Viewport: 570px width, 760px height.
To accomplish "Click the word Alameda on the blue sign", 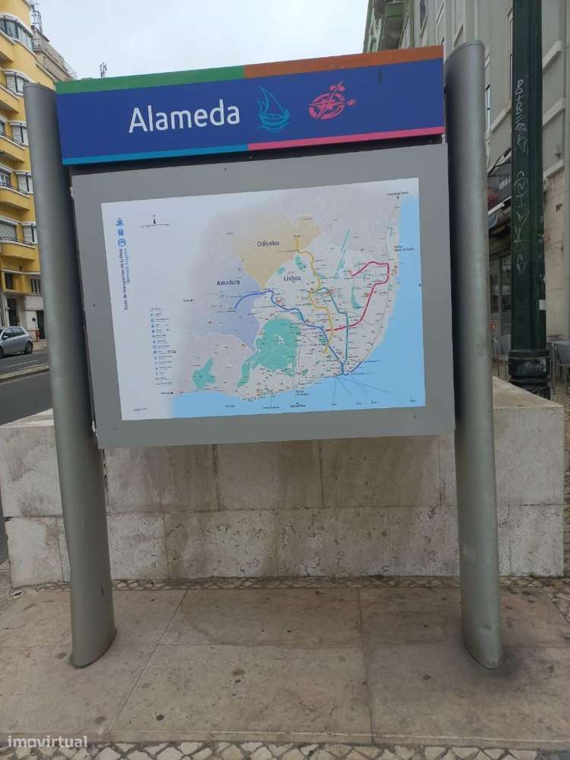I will pyautogui.click(x=184, y=117).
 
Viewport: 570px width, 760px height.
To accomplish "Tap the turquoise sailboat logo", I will pyautogui.click(x=273, y=111).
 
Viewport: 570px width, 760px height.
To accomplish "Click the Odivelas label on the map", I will pyautogui.click(x=268, y=243).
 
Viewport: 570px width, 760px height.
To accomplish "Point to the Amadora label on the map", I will pyautogui.click(x=229, y=282).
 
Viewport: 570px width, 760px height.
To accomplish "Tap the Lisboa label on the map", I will pyautogui.click(x=293, y=278).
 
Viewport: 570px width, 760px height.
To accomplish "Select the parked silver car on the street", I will pyautogui.click(x=14, y=341).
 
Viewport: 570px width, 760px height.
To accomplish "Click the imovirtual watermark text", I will pyautogui.click(x=47, y=742).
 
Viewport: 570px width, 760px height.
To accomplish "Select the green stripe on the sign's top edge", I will pyautogui.click(x=152, y=79).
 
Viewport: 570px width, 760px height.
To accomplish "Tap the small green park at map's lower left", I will pyautogui.click(x=203, y=374).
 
